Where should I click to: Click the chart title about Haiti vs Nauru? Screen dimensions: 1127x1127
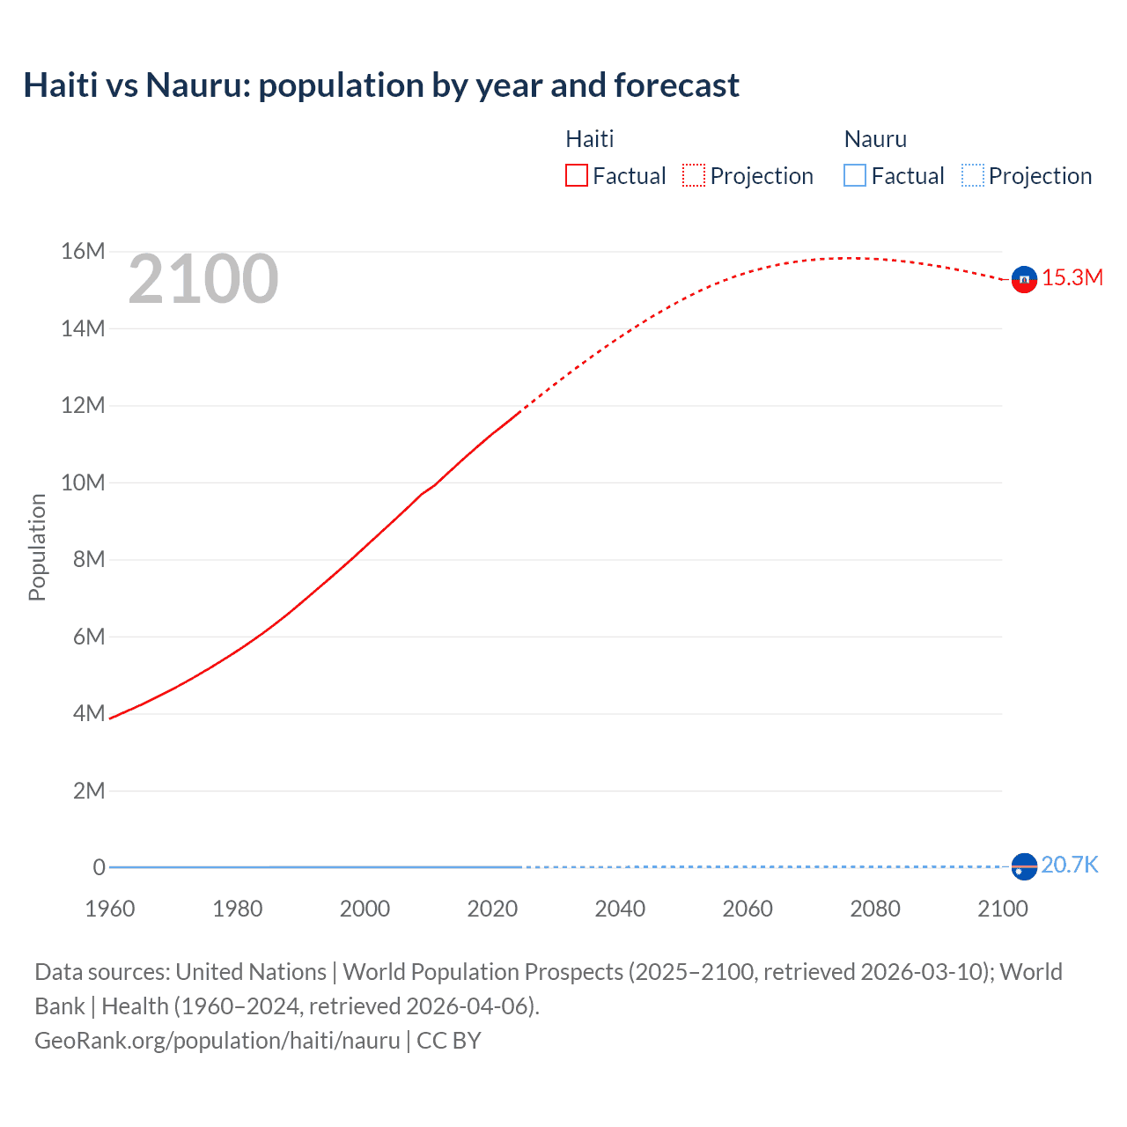coord(380,85)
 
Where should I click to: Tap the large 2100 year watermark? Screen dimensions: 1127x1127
coord(203,279)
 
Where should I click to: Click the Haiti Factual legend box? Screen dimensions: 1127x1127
coord(576,175)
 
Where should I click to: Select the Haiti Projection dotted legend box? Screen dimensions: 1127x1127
coord(693,175)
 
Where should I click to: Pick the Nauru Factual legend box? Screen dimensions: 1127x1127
coord(854,175)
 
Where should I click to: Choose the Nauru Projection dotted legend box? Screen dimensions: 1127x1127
coord(972,175)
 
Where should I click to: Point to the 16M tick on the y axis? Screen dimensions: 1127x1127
coord(83,252)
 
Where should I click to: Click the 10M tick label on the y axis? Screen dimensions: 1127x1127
coord(83,482)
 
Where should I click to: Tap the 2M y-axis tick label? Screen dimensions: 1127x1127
coord(88,791)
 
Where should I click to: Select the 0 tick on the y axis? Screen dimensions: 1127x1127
coord(99,867)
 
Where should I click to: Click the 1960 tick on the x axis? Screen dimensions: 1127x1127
coord(110,909)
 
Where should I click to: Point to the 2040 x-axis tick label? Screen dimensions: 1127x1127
coord(620,909)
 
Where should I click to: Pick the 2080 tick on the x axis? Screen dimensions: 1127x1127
coord(875,909)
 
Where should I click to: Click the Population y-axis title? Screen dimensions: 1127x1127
coord(37,547)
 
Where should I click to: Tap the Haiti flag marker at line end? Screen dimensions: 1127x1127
coord(1024,279)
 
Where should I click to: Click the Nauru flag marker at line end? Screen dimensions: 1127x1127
coord(1024,866)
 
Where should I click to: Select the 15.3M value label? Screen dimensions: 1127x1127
coord(1072,278)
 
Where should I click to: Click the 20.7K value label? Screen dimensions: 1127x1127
coord(1070,865)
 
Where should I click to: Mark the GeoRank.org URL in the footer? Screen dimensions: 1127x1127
coord(217,1041)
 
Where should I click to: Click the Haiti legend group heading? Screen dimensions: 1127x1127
coord(589,139)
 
